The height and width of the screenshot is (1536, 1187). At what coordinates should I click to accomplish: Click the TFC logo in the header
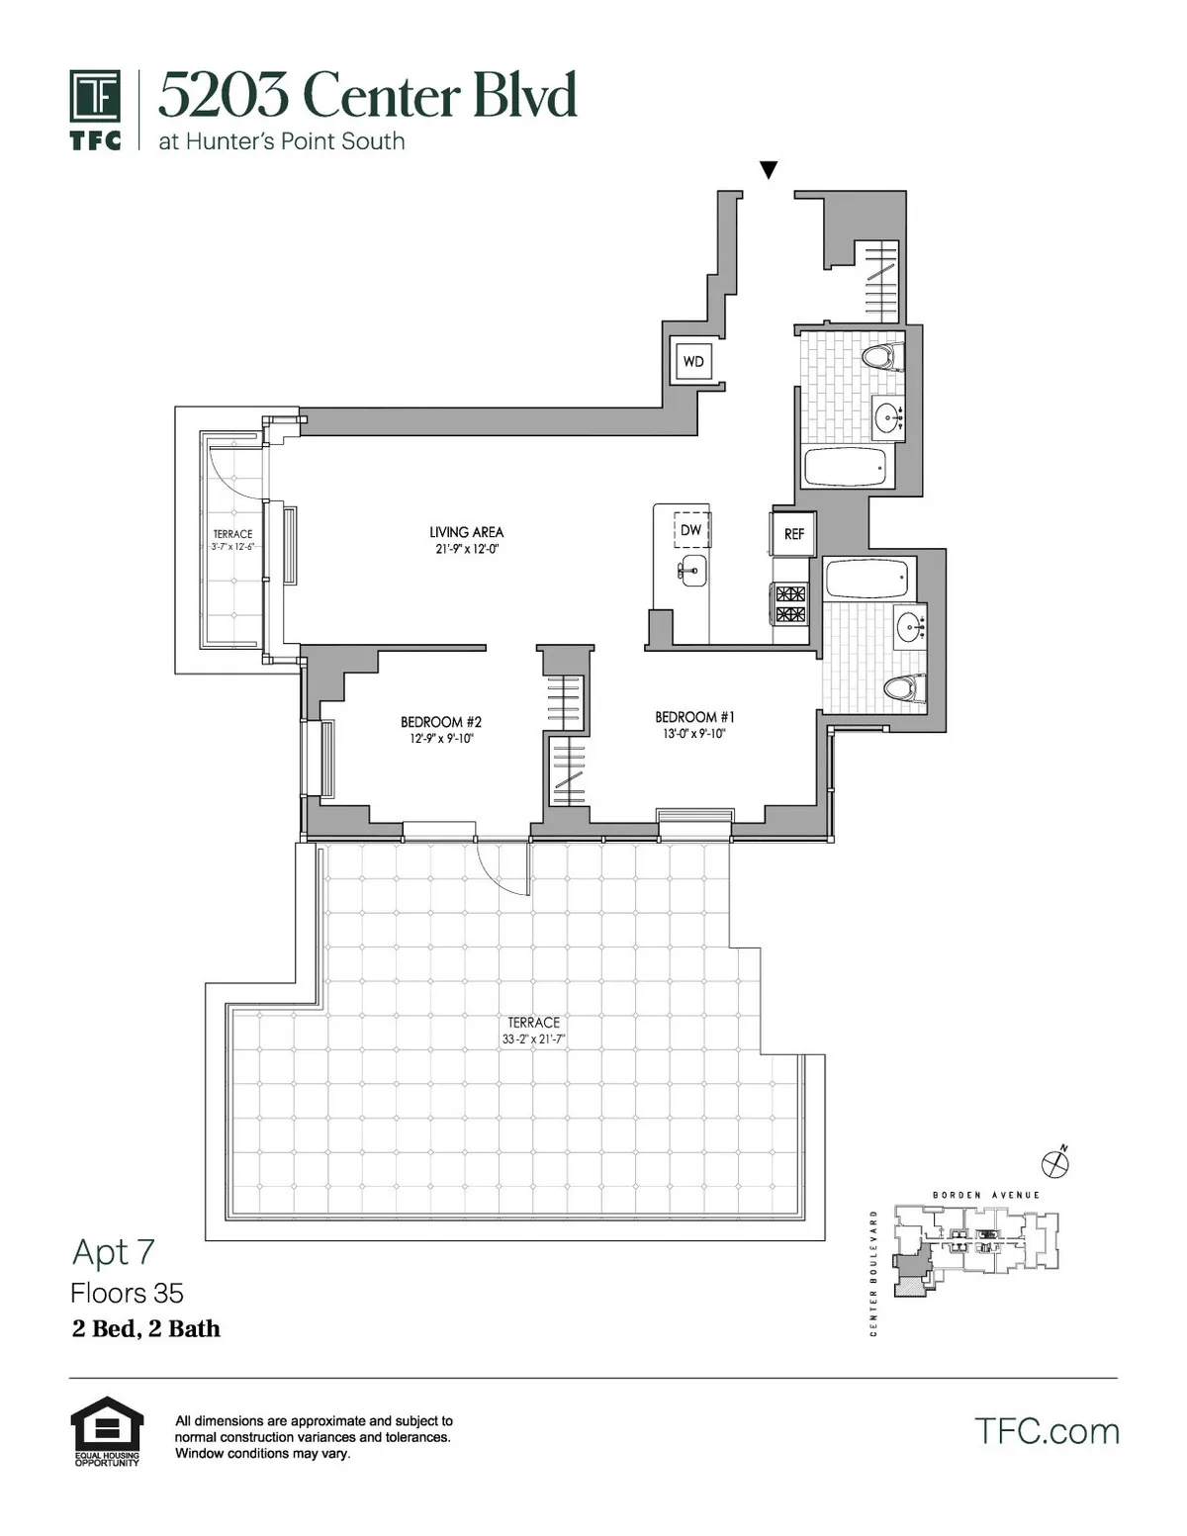96,109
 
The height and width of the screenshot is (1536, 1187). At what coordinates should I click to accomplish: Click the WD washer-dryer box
693,362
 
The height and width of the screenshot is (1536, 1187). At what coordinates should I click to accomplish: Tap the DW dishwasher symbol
691,530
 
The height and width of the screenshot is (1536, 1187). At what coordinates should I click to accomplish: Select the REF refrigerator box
794,534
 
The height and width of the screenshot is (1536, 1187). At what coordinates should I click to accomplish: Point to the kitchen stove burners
790,604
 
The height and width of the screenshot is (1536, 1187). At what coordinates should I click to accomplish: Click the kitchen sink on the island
691,570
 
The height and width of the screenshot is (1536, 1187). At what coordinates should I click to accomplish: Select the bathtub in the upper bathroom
846,467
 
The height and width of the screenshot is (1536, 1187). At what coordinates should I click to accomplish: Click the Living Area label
466,532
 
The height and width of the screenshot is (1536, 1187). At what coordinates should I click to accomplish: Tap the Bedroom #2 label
441,722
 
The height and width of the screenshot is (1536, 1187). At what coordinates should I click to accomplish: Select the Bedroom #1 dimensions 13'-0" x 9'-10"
694,734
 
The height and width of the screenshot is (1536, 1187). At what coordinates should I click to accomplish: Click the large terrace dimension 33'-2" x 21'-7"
533,1039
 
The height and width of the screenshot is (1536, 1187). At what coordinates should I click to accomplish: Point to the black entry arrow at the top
769,170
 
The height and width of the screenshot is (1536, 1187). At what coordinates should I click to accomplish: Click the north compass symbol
1055,1162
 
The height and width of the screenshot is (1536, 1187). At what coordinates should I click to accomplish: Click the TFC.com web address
1047,1431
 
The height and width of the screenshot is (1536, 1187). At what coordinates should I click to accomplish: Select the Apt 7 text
114,1252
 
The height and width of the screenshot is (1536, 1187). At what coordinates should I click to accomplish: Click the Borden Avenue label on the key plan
986,1195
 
